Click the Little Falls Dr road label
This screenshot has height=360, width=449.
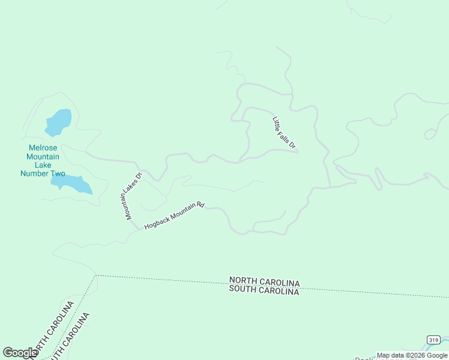285,133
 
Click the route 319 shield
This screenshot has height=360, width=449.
433,340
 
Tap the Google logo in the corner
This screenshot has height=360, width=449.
19,353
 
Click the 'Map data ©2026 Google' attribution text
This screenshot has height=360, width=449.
412,355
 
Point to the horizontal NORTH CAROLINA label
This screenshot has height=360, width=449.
264,282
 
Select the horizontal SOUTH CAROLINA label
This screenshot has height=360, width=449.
264,291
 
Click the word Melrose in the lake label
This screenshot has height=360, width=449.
43,148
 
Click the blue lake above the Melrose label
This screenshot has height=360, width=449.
58,122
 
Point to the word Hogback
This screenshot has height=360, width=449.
157,221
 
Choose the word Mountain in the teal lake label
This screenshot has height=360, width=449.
43,157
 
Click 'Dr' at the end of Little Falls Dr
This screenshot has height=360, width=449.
293,145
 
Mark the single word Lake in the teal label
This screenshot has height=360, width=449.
43,165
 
